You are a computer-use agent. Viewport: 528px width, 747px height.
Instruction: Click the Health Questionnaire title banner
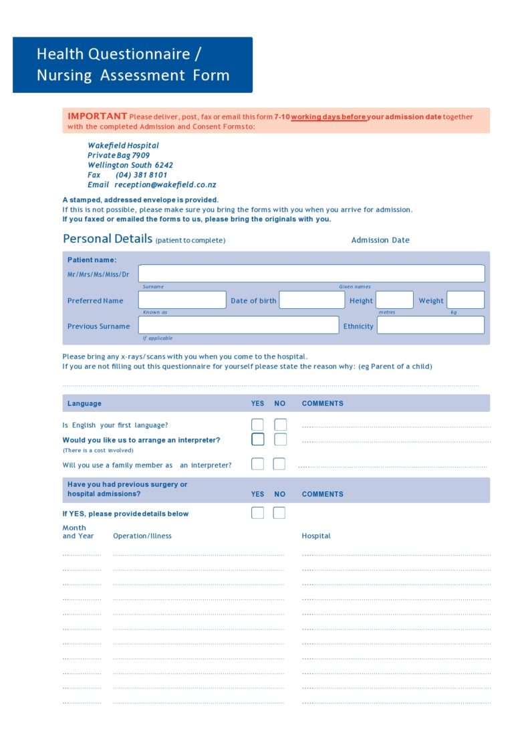click(132, 65)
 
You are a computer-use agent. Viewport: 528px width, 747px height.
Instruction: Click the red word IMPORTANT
click(97, 116)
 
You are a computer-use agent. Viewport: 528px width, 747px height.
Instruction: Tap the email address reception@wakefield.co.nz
click(165, 185)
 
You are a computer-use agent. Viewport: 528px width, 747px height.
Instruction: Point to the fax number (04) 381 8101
click(141, 175)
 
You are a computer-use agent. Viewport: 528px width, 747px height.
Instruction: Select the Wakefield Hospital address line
click(123, 145)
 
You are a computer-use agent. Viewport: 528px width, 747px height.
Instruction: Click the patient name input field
click(311, 274)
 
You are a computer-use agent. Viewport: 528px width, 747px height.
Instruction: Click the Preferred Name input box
click(182, 300)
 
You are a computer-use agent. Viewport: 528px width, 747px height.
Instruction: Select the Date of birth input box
click(311, 300)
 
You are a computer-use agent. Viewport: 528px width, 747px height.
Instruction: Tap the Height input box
click(394, 300)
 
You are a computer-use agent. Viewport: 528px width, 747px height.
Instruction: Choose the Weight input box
click(465, 300)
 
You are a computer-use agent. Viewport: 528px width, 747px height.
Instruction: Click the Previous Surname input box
click(238, 325)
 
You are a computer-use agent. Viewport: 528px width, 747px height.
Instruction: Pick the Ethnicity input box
click(430, 325)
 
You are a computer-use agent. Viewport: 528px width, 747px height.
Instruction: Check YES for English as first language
click(257, 425)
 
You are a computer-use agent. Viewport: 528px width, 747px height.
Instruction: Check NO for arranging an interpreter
click(281, 439)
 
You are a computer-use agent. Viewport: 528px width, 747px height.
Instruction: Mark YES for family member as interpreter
click(257, 464)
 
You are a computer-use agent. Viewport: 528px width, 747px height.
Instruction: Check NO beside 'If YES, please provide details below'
click(279, 513)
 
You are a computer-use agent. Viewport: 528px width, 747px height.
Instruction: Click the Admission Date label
click(380, 240)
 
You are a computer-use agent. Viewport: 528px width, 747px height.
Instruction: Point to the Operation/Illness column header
click(142, 536)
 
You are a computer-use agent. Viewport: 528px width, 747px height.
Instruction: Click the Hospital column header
click(316, 536)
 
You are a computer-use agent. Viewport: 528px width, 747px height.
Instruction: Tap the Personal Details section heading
click(107, 239)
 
